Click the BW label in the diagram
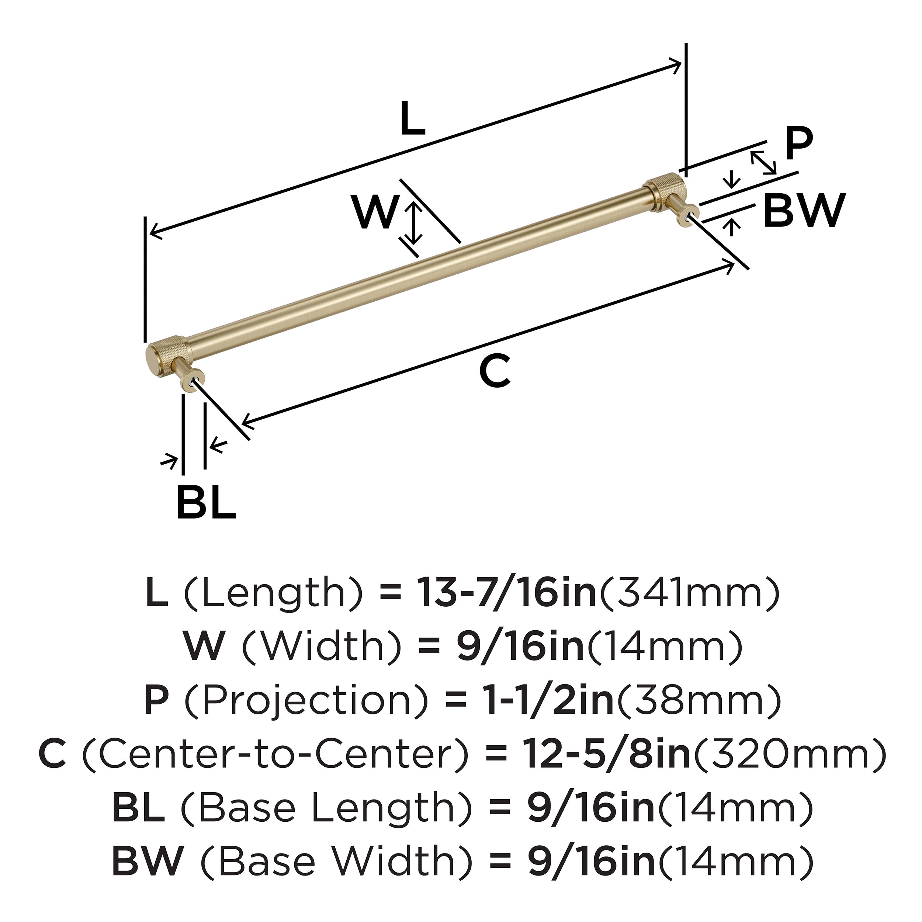pyautogui.click(x=804, y=211)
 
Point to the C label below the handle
pyautogui.click(x=495, y=372)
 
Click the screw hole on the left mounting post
pyautogui.click(x=192, y=382)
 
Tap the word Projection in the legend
pyautogui.click(x=306, y=700)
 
